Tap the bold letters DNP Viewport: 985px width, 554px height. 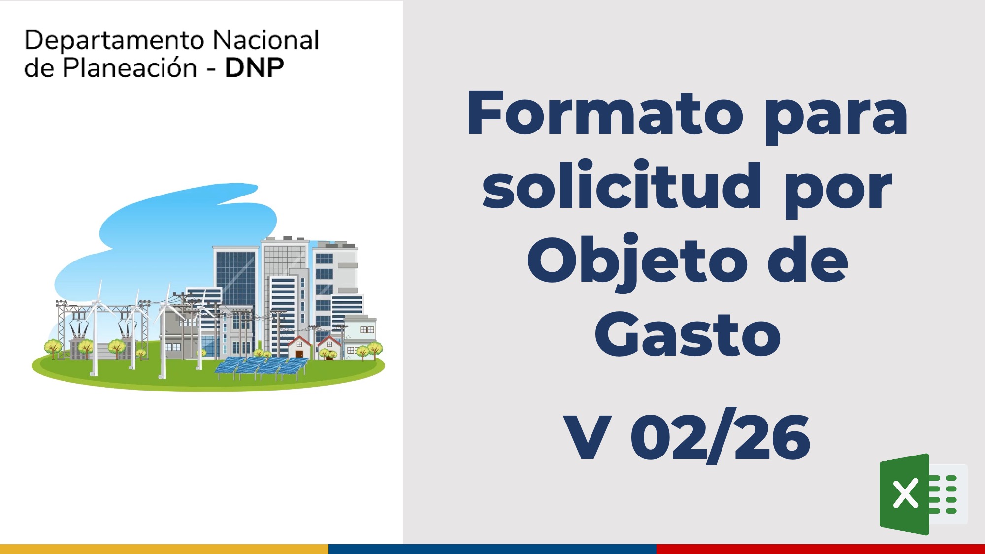tap(254, 68)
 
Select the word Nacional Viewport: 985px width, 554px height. tap(266, 40)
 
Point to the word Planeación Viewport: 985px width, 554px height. tap(130, 68)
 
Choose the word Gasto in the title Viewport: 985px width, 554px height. tap(688, 334)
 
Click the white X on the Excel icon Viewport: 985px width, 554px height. tap(905, 493)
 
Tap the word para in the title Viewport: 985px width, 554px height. tap(836, 118)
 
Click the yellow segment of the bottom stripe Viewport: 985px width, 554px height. tap(164, 549)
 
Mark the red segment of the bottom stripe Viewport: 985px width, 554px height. tap(821, 549)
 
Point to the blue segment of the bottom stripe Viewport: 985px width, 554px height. tap(492, 549)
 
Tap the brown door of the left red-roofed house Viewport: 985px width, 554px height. tap(299, 354)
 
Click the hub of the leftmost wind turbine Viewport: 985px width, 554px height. tap(98, 302)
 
